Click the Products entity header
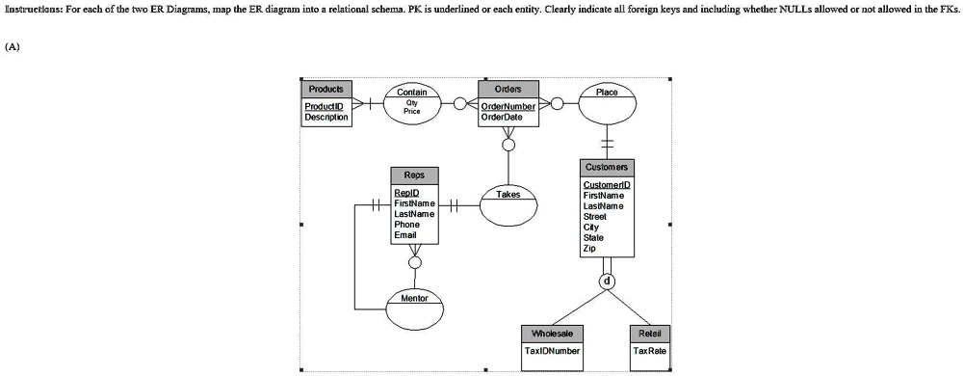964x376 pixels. pyautogui.click(x=326, y=89)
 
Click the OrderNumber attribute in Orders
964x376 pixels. pyautogui.click(x=508, y=106)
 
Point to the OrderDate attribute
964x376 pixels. pyautogui.click(x=502, y=117)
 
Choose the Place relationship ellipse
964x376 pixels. pyautogui.click(x=607, y=102)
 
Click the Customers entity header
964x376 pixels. pyautogui.click(x=607, y=167)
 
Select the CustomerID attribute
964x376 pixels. pyautogui.click(x=607, y=184)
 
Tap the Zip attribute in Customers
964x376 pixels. pyautogui.click(x=589, y=248)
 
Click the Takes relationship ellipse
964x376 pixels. pyautogui.click(x=508, y=204)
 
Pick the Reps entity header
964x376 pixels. pyautogui.click(x=414, y=175)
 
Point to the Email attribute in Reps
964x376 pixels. pyautogui.click(x=405, y=235)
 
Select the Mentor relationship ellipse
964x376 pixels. pyautogui.click(x=414, y=308)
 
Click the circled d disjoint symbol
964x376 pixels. pyautogui.click(x=607, y=282)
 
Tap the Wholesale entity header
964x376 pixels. pyautogui.click(x=552, y=334)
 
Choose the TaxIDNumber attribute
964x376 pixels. pyautogui.click(x=552, y=351)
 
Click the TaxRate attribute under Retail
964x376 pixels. pyautogui.click(x=650, y=351)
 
